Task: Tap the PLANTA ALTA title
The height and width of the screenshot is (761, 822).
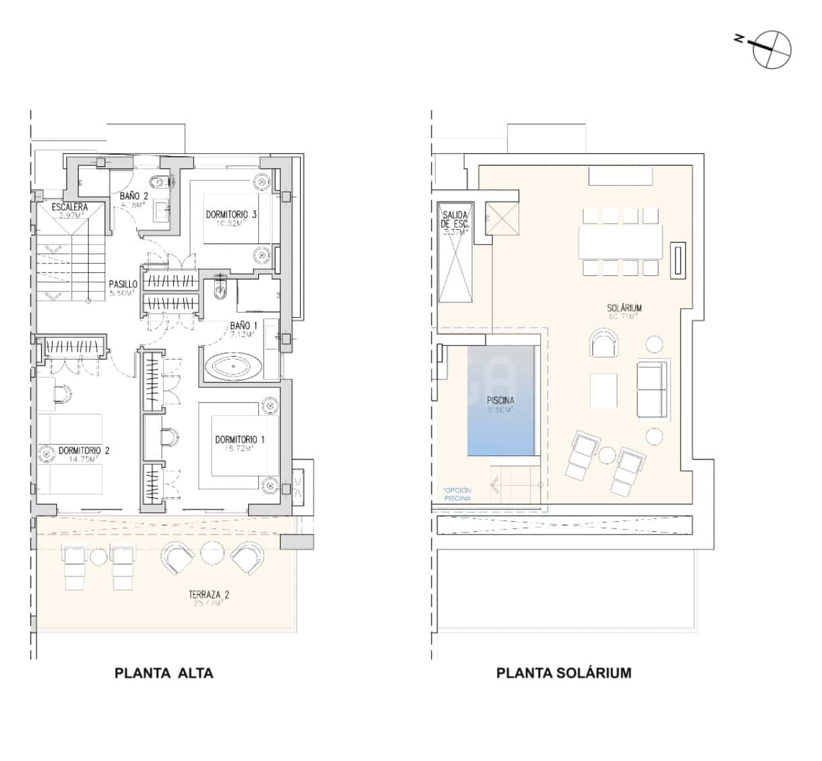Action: point(164,672)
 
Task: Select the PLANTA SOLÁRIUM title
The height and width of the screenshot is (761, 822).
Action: point(564,672)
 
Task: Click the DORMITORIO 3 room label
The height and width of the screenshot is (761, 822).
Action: point(231,216)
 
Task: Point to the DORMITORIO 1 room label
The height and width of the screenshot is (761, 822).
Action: point(239,440)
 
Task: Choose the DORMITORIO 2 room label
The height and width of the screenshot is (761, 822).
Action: point(84,451)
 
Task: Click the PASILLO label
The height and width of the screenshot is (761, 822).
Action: point(123,285)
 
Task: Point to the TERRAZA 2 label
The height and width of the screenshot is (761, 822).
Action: point(209,595)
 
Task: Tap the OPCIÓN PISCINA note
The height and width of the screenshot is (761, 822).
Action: point(458,494)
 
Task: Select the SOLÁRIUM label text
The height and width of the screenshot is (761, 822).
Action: point(624,308)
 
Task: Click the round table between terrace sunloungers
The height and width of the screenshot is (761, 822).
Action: point(99,557)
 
